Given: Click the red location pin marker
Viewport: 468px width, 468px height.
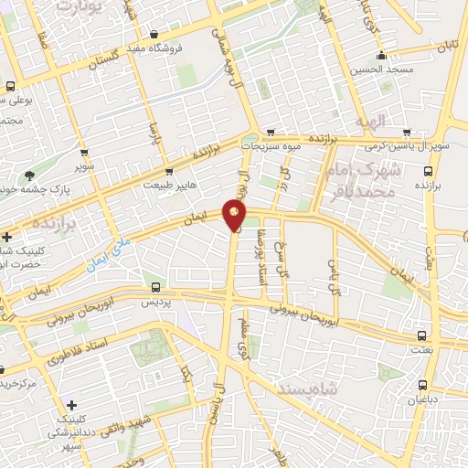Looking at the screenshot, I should click(x=235, y=216).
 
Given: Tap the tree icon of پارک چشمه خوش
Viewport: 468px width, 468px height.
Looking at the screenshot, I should click(x=30, y=175).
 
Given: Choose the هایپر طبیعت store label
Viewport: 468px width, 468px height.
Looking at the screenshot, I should click(x=168, y=185).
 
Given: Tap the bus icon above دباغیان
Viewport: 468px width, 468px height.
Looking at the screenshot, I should click(x=421, y=385).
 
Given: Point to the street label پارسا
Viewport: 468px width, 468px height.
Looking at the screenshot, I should click(x=154, y=137).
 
